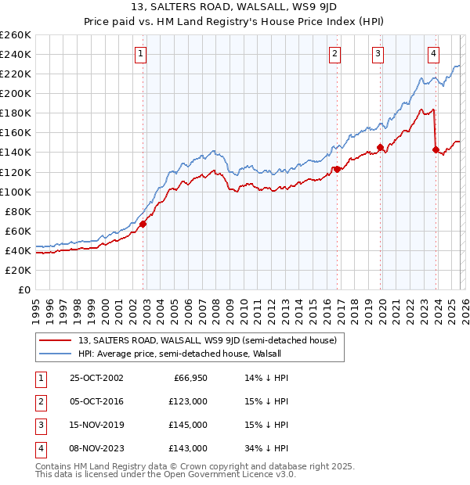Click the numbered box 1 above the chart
point(139,54)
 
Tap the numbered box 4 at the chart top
point(433,54)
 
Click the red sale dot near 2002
point(143,224)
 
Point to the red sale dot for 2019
point(380,147)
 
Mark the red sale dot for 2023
point(436,149)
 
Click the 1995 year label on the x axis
point(36,307)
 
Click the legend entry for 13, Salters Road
point(208,341)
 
